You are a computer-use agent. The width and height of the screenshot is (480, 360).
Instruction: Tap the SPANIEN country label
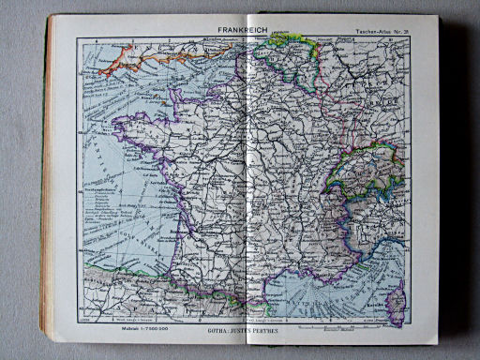pyautogui.click(x=141, y=305)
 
